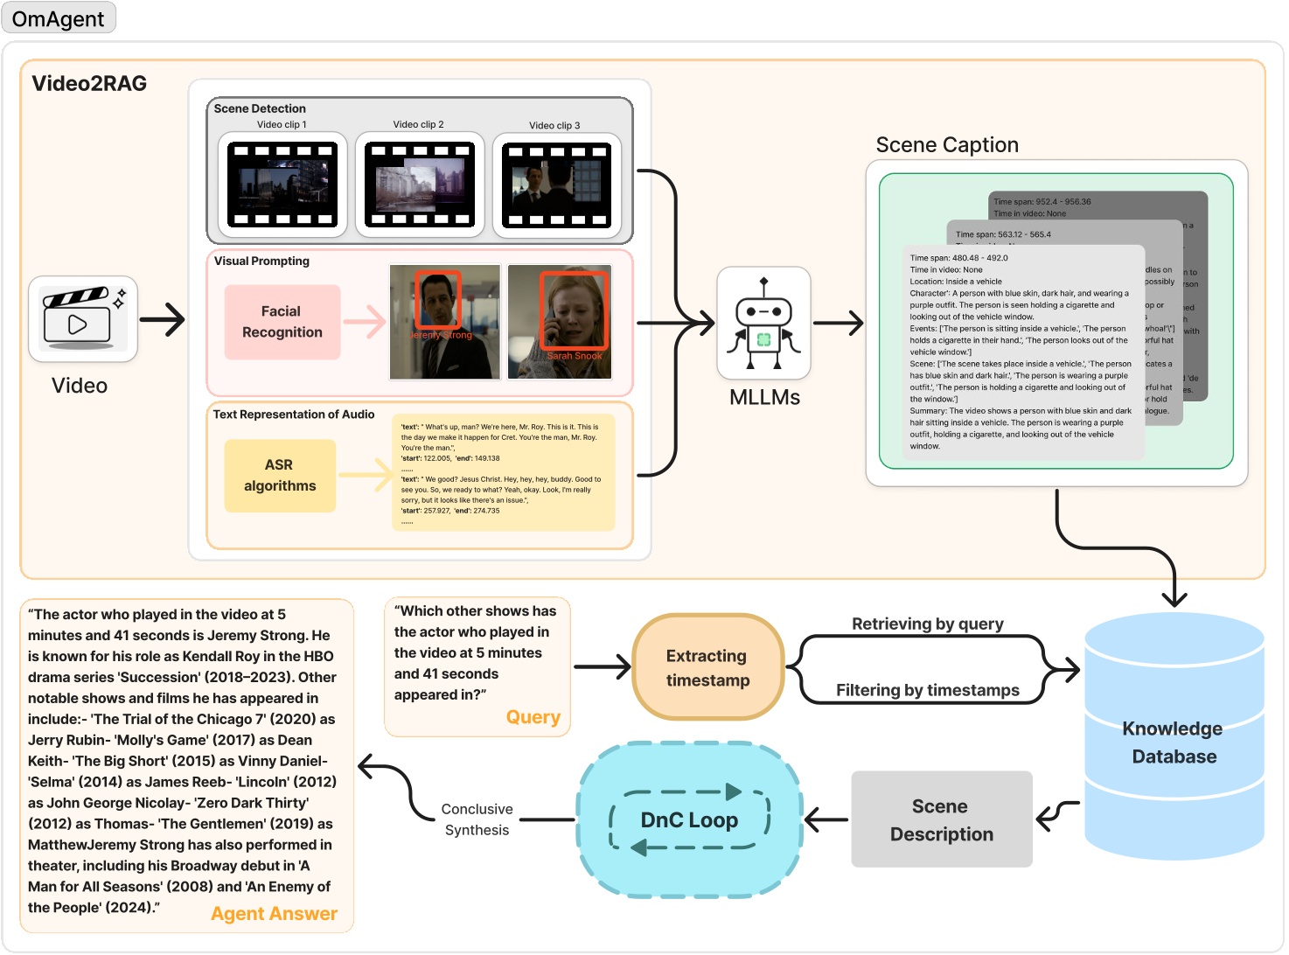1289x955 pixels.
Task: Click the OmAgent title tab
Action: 59,18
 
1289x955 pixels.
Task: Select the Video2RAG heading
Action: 89,83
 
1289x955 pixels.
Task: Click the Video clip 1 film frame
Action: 282,185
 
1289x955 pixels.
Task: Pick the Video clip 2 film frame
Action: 420,185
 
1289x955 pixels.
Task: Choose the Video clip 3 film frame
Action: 556,185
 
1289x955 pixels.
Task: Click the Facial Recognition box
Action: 282,322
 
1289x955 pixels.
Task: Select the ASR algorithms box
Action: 280,476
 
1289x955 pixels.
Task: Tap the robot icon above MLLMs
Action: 763,324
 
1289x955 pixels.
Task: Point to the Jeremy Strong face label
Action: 442,335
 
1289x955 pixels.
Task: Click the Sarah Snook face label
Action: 575,356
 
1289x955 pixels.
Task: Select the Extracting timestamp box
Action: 707,668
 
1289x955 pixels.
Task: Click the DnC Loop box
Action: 689,820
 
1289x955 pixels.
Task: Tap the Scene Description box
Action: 941,820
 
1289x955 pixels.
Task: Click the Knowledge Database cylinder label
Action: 1173,742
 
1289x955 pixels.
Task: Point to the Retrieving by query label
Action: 927,624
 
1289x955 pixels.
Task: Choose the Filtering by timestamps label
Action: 927,690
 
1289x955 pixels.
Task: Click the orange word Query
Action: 533,717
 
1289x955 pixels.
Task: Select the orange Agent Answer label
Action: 274,914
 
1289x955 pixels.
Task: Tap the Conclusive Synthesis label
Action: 477,819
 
